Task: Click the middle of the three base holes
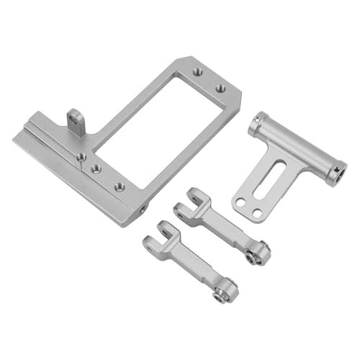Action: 99,169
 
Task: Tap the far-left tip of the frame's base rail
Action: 16,139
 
